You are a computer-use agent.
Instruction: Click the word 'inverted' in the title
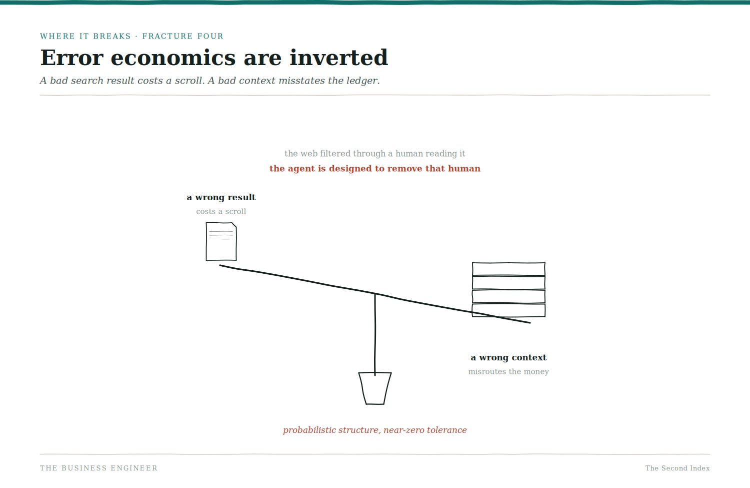[x=338, y=58]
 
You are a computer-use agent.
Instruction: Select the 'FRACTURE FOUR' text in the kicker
[x=183, y=36]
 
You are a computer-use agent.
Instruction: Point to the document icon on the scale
[x=221, y=241]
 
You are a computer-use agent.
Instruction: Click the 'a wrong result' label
[x=221, y=197]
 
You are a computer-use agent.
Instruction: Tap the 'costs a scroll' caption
[x=221, y=212]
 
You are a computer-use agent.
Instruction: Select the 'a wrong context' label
[x=508, y=358]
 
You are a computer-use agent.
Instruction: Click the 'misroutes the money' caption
[x=508, y=372]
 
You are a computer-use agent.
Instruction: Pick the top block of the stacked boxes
[x=508, y=269]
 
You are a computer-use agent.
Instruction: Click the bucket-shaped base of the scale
[x=375, y=388]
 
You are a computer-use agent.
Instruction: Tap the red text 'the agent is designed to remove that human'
[x=375, y=169]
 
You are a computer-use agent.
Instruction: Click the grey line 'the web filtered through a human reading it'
[x=375, y=154]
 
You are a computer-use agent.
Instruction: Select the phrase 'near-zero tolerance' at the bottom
[x=425, y=430]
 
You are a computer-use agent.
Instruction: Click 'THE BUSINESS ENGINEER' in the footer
[x=99, y=468]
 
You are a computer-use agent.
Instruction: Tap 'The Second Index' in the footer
[x=677, y=468]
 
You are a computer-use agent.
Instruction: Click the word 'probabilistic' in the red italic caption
[x=309, y=430]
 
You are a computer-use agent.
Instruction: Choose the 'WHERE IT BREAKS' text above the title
[x=85, y=36]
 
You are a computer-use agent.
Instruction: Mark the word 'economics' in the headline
[x=173, y=58]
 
